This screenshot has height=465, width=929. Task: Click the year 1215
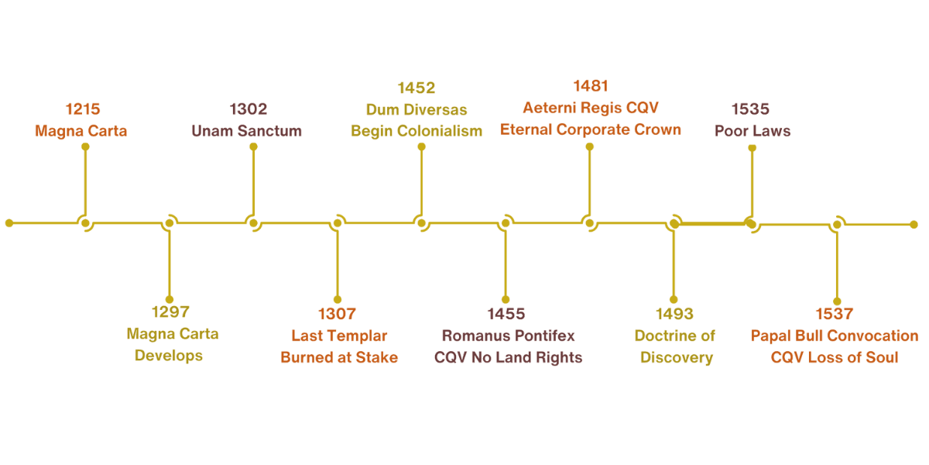(x=83, y=109)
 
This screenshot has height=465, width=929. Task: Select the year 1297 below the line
(x=170, y=313)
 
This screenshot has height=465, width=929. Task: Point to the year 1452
(x=416, y=88)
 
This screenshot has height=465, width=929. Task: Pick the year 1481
(x=591, y=86)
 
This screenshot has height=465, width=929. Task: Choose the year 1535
(x=751, y=109)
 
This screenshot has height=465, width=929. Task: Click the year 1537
(x=834, y=314)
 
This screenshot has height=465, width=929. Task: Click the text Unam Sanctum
(x=246, y=131)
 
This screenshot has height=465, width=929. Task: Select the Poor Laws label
(x=752, y=131)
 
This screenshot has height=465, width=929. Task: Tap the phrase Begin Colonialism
(x=417, y=131)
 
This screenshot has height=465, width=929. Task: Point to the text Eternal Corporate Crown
(x=591, y=129)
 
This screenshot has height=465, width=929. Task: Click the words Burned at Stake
(x=339, y=358)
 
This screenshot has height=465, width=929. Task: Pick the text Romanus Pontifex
(x=508, y=336)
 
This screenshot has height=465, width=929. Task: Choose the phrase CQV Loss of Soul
(x=835, y=358)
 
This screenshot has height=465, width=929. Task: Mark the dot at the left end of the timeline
(x=9, y=223)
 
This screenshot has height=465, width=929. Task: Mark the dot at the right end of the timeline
(x=914, y=224)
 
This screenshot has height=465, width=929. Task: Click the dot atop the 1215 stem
(x=85, y=145)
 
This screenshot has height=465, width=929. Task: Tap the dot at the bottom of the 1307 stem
(x=338, y=299)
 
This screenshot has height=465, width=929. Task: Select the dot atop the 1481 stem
(x=590, y=145)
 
